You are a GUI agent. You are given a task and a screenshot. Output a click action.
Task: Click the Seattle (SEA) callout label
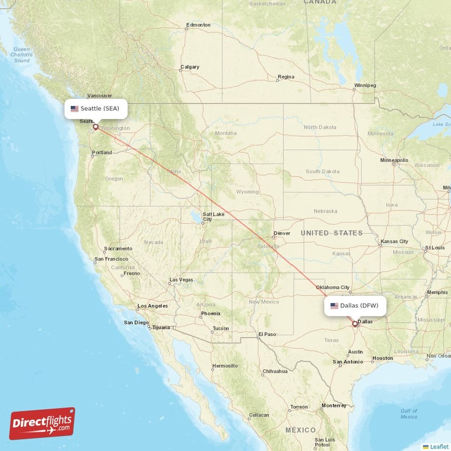pyautogui.click(x=95, y=108)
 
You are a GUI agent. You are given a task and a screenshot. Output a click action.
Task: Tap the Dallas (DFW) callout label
pyautogui.click(x=355, y=306)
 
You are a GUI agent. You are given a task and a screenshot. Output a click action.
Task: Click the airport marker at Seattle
pyautogui.click(x=95, y=127)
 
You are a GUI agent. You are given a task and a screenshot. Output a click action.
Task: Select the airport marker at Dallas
pyautogui.click(x=355, y=324)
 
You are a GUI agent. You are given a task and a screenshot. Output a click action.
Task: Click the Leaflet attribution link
pyautogui.click(x=439, y=446)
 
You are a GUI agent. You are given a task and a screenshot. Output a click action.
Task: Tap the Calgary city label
pyautogui.click(x=190, y=67)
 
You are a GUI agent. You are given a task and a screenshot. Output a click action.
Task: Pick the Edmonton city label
pyautogui.click(x=198, y=25)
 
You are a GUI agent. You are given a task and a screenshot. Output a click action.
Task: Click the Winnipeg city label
pyautogui.click(x=365, y=86)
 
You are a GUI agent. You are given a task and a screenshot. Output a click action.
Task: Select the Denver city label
pyautogui.click(x=282, y=233)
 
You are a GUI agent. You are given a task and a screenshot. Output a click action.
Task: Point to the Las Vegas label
pyautogui.click(x=182, y=280)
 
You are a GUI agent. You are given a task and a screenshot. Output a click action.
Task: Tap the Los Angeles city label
pyautogui.click(x=153, y=306)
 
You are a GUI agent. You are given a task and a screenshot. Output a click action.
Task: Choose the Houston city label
pyautogui.click(x=383, y=358)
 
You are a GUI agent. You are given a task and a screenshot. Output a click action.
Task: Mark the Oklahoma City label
pyautogui.click(x=333, y=287)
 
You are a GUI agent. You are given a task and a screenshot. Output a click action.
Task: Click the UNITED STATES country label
pyautogui.click(x=331, y=233)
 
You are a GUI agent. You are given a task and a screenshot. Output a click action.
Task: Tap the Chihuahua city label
pyautogui.click(x=275, y=371)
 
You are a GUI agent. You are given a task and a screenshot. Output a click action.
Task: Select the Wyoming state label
pyautogui.click(x=247, y=192)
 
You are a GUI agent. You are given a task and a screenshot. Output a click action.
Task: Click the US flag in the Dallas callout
pyautogui.click(x=334, y=306)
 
